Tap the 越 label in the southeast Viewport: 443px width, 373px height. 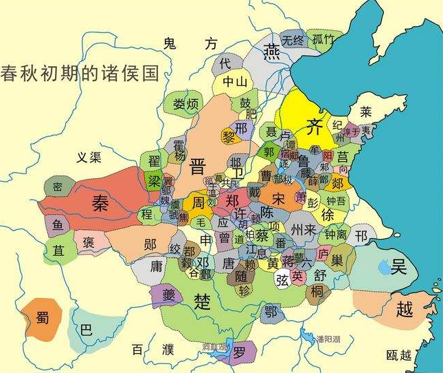pos(405,310)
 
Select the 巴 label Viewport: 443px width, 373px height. pos(86,330)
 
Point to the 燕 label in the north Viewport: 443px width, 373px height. pos(273,52)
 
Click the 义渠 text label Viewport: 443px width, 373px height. pos(89,158)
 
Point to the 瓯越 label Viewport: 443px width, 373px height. pos(398,355)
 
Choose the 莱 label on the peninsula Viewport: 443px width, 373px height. pos(366,111)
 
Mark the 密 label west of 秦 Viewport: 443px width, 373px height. pos(58,186)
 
